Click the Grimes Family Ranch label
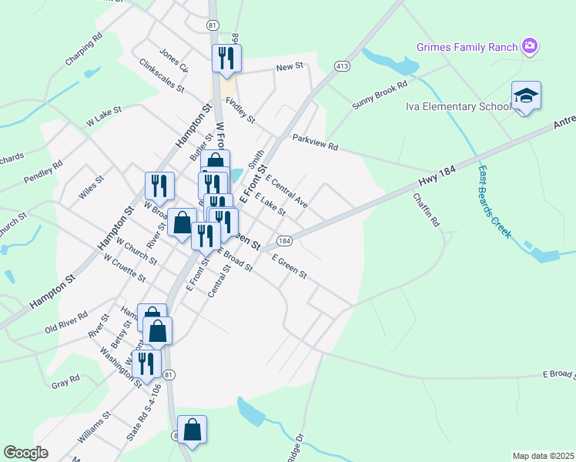coord(467,47)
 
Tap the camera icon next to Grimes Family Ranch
coord(529,46)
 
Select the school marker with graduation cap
coord(526,96)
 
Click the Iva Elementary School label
coord(457,106)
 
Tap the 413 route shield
coord(343,67)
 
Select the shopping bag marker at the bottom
coord(192,430)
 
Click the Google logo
coord(25,453)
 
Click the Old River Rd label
coord(66,321)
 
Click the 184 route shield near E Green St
coord(283,241)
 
